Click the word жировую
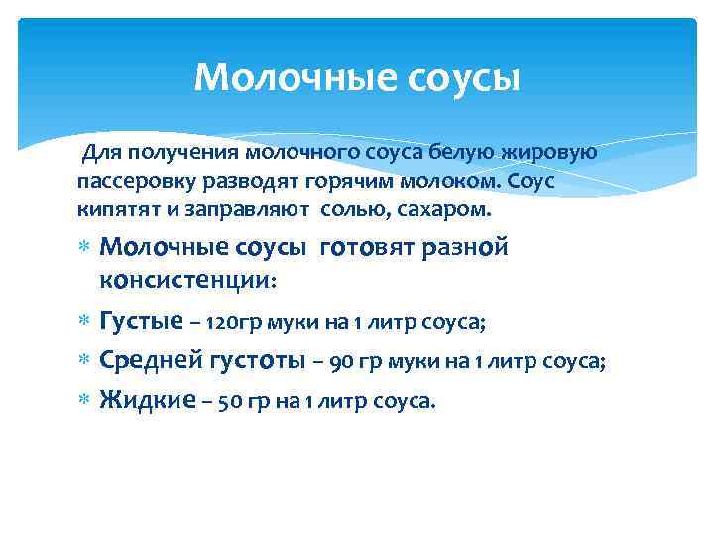550,153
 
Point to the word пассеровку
129,183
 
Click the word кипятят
110,211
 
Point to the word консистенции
188,280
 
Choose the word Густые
142,322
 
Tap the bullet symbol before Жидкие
84,402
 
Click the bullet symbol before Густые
84,322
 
